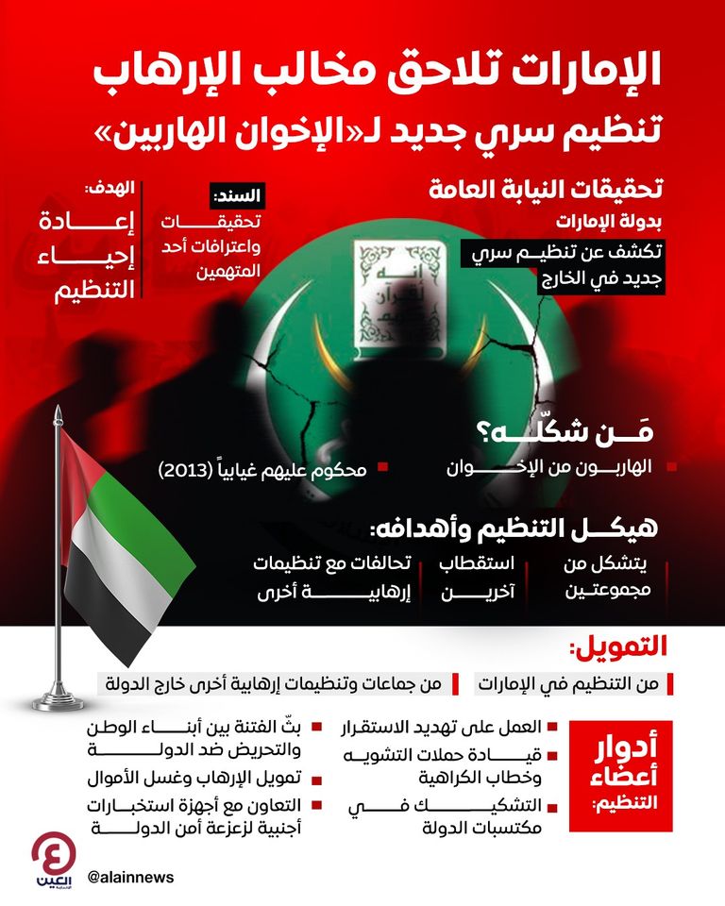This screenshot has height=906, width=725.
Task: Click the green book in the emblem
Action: pos(389,294)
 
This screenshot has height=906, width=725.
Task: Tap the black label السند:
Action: pos(241,197)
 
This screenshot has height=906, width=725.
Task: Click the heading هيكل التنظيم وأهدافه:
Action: pos(548,528)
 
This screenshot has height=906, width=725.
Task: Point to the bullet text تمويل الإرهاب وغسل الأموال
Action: pos(204,780)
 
